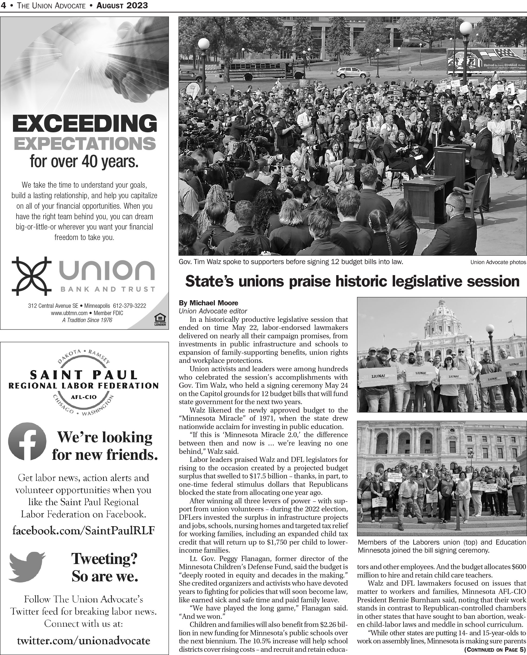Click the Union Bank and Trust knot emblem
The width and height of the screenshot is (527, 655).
(31, 276)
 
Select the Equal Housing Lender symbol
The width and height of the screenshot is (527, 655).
(160, 320)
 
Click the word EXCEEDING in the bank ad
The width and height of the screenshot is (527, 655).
(85, 124)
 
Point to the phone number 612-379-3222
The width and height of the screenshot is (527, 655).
(129, 306)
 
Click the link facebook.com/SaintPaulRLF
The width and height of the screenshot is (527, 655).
(84, 531)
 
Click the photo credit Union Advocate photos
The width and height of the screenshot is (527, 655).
(498, 262)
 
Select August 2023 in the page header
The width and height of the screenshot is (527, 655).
(122, 5)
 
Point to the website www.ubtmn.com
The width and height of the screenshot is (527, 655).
(69, 313)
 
